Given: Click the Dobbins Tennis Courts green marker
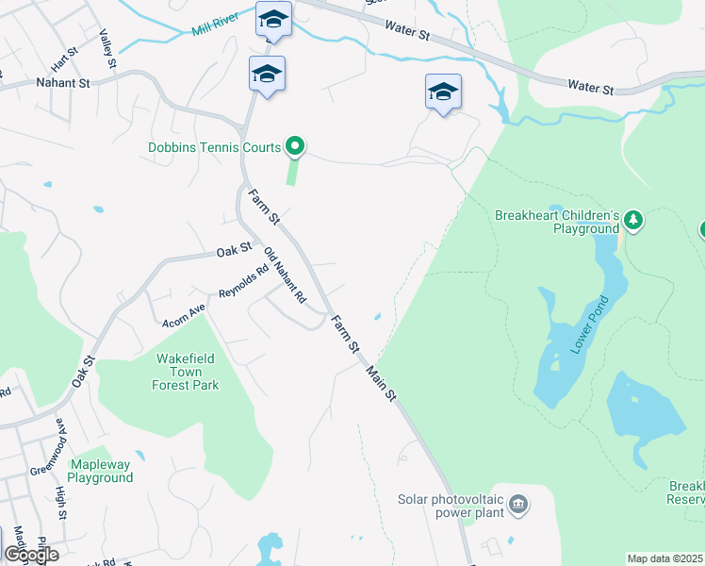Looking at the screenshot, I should click(x=295, y=146).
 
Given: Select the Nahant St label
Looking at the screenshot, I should click(x=62, y=83).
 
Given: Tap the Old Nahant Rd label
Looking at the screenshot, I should click(x=286, y=275).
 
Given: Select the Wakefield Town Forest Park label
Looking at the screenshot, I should click(x=187, y=372).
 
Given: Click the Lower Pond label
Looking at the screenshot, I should click(x=589, y=325).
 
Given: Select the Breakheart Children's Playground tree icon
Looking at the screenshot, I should click(x=635, y=221).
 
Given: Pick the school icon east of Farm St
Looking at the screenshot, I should click(x=443, y=92).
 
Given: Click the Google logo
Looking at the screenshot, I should click(x=31, y=554).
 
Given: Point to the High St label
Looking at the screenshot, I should click(x=59, y=500).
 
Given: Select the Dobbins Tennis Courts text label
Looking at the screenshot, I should click(x=214, y=147).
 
